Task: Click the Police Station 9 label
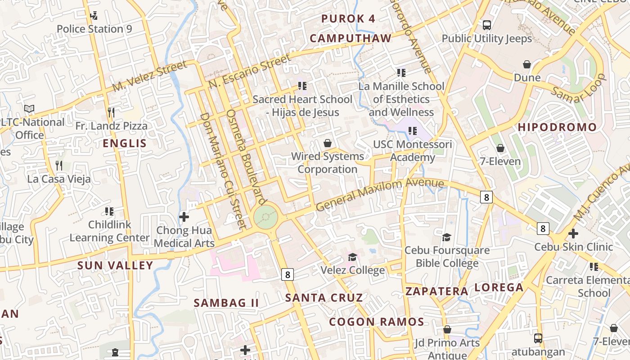pos(94,29)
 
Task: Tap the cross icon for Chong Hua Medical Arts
pos(184,217)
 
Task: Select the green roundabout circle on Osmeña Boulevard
pos(266,217)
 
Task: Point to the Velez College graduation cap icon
pos(352,257)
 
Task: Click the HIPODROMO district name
pos(557,127)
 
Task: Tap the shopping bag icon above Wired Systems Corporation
pos(328,144)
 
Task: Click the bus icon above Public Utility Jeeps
pos(486,25)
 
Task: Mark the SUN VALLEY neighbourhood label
pos(115,265)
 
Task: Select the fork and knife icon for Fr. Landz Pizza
pos(111,112)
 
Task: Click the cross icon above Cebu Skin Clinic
pos(573,234)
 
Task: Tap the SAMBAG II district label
pos(226,303)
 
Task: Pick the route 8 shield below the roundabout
pos(288,274)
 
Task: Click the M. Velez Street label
pos(149,76)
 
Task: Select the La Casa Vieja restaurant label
pos(59,179)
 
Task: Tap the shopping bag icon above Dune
pos(527,65)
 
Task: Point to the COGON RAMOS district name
pos(376,322)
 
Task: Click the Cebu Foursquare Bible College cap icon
pos(446,237)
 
